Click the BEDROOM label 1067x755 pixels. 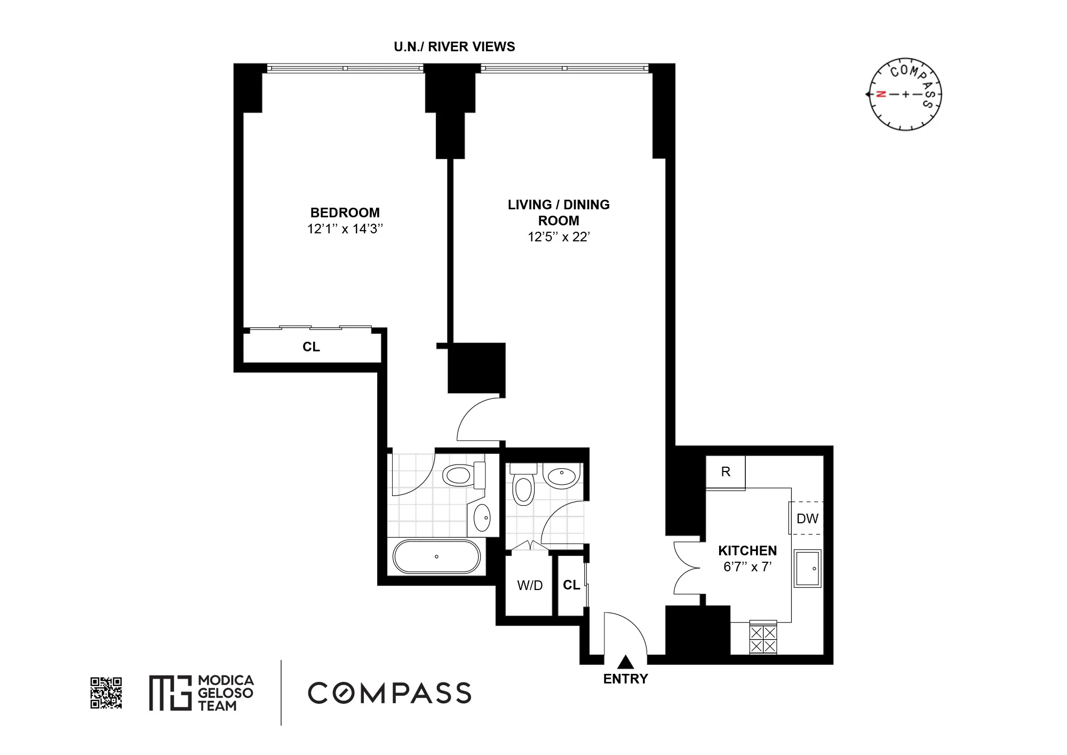click(x=345, y=213)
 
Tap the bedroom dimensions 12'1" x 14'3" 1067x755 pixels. click(x=345, y=229)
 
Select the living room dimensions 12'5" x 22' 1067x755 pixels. click(x=558, y=237)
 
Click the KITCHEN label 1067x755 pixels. click(x=747, y=550)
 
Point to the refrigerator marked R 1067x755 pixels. click(x=726, y=472)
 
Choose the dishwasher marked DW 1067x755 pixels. click(x=807, y=518)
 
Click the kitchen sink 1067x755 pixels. click(x=807, y=568)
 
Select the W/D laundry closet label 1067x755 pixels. click(x=530, y=586)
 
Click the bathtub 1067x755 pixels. click(x=436, y=557)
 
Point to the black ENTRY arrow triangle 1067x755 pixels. click(x=625, y=663)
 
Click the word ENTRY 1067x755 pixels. click(x=625, y=679)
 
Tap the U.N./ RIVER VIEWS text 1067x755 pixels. click(x=454, y=47)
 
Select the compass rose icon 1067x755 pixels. click(x=905, y=95)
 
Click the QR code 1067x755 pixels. click(x=106, y=693)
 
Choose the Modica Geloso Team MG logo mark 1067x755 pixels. click(x=170, y=693)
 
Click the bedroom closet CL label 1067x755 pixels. click(x=311, y=347)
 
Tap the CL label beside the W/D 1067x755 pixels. click(x=571, y=585)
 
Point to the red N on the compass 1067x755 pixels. click(x=881, y=95)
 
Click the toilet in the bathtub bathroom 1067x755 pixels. click(x=461, y=475)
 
